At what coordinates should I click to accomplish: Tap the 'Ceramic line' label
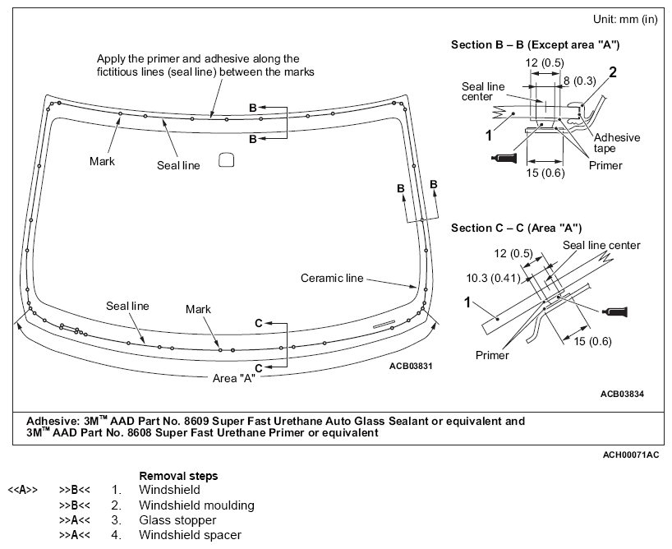click(x=331, y=279)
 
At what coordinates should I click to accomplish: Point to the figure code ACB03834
click(x=622, y=394)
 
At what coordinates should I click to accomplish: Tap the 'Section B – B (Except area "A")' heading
click(x=535, y=44)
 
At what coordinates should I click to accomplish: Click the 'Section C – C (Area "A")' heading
click(x=517, y=228)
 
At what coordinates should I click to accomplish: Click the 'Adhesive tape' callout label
click(x=616, y=143)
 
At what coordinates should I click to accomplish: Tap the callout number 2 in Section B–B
click(x=612, y=72)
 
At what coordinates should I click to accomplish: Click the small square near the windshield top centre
click(x=227, y=161)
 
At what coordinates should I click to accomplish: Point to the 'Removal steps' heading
click(x=178, y=476)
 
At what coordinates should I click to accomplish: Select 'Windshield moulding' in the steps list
click(x=196, y=505)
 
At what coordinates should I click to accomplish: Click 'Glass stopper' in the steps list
click(x=177, y=520)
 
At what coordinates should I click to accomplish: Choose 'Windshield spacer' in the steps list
click(x=190, y=536)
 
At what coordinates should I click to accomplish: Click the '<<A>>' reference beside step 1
click(x=22, y=490)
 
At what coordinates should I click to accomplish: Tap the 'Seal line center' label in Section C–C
click(x=601, y=245)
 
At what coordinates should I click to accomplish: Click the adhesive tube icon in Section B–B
click(x=502, y=156)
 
